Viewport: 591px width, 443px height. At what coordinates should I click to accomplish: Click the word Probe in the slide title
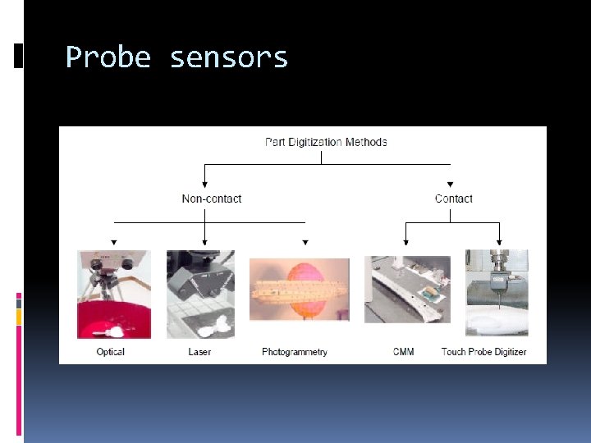tap(108, 57)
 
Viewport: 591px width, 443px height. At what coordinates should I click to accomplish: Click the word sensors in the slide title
tap(229, 57)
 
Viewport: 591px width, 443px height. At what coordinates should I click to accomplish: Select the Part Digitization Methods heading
tap(326, 142)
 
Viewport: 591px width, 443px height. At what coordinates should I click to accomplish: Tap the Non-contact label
tap(212, 199)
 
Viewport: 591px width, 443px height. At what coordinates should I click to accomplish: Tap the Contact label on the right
tap(453, 199)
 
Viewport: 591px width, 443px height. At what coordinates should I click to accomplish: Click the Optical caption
tap(110, 352)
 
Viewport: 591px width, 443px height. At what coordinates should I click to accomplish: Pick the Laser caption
tap(199, 352)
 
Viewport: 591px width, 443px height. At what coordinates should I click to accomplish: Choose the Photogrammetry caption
tap(295, 352)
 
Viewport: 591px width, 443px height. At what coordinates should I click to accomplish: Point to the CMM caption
tap(403, 352)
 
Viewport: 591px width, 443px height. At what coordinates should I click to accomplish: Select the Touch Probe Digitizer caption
tap(483, 352)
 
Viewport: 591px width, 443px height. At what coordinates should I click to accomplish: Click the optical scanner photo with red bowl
tap(113, 294)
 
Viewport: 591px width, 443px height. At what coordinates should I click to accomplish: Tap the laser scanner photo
tap(200, 294)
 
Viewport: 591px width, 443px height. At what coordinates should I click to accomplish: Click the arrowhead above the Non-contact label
tap(204, 183)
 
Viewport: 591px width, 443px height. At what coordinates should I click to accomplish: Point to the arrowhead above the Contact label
tap(450, 184)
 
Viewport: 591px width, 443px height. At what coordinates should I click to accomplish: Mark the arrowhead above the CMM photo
tap(406, 242)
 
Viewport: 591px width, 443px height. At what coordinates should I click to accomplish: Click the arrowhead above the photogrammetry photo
tap(305, 243)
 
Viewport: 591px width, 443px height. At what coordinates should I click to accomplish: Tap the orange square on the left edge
tap(19, 317)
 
